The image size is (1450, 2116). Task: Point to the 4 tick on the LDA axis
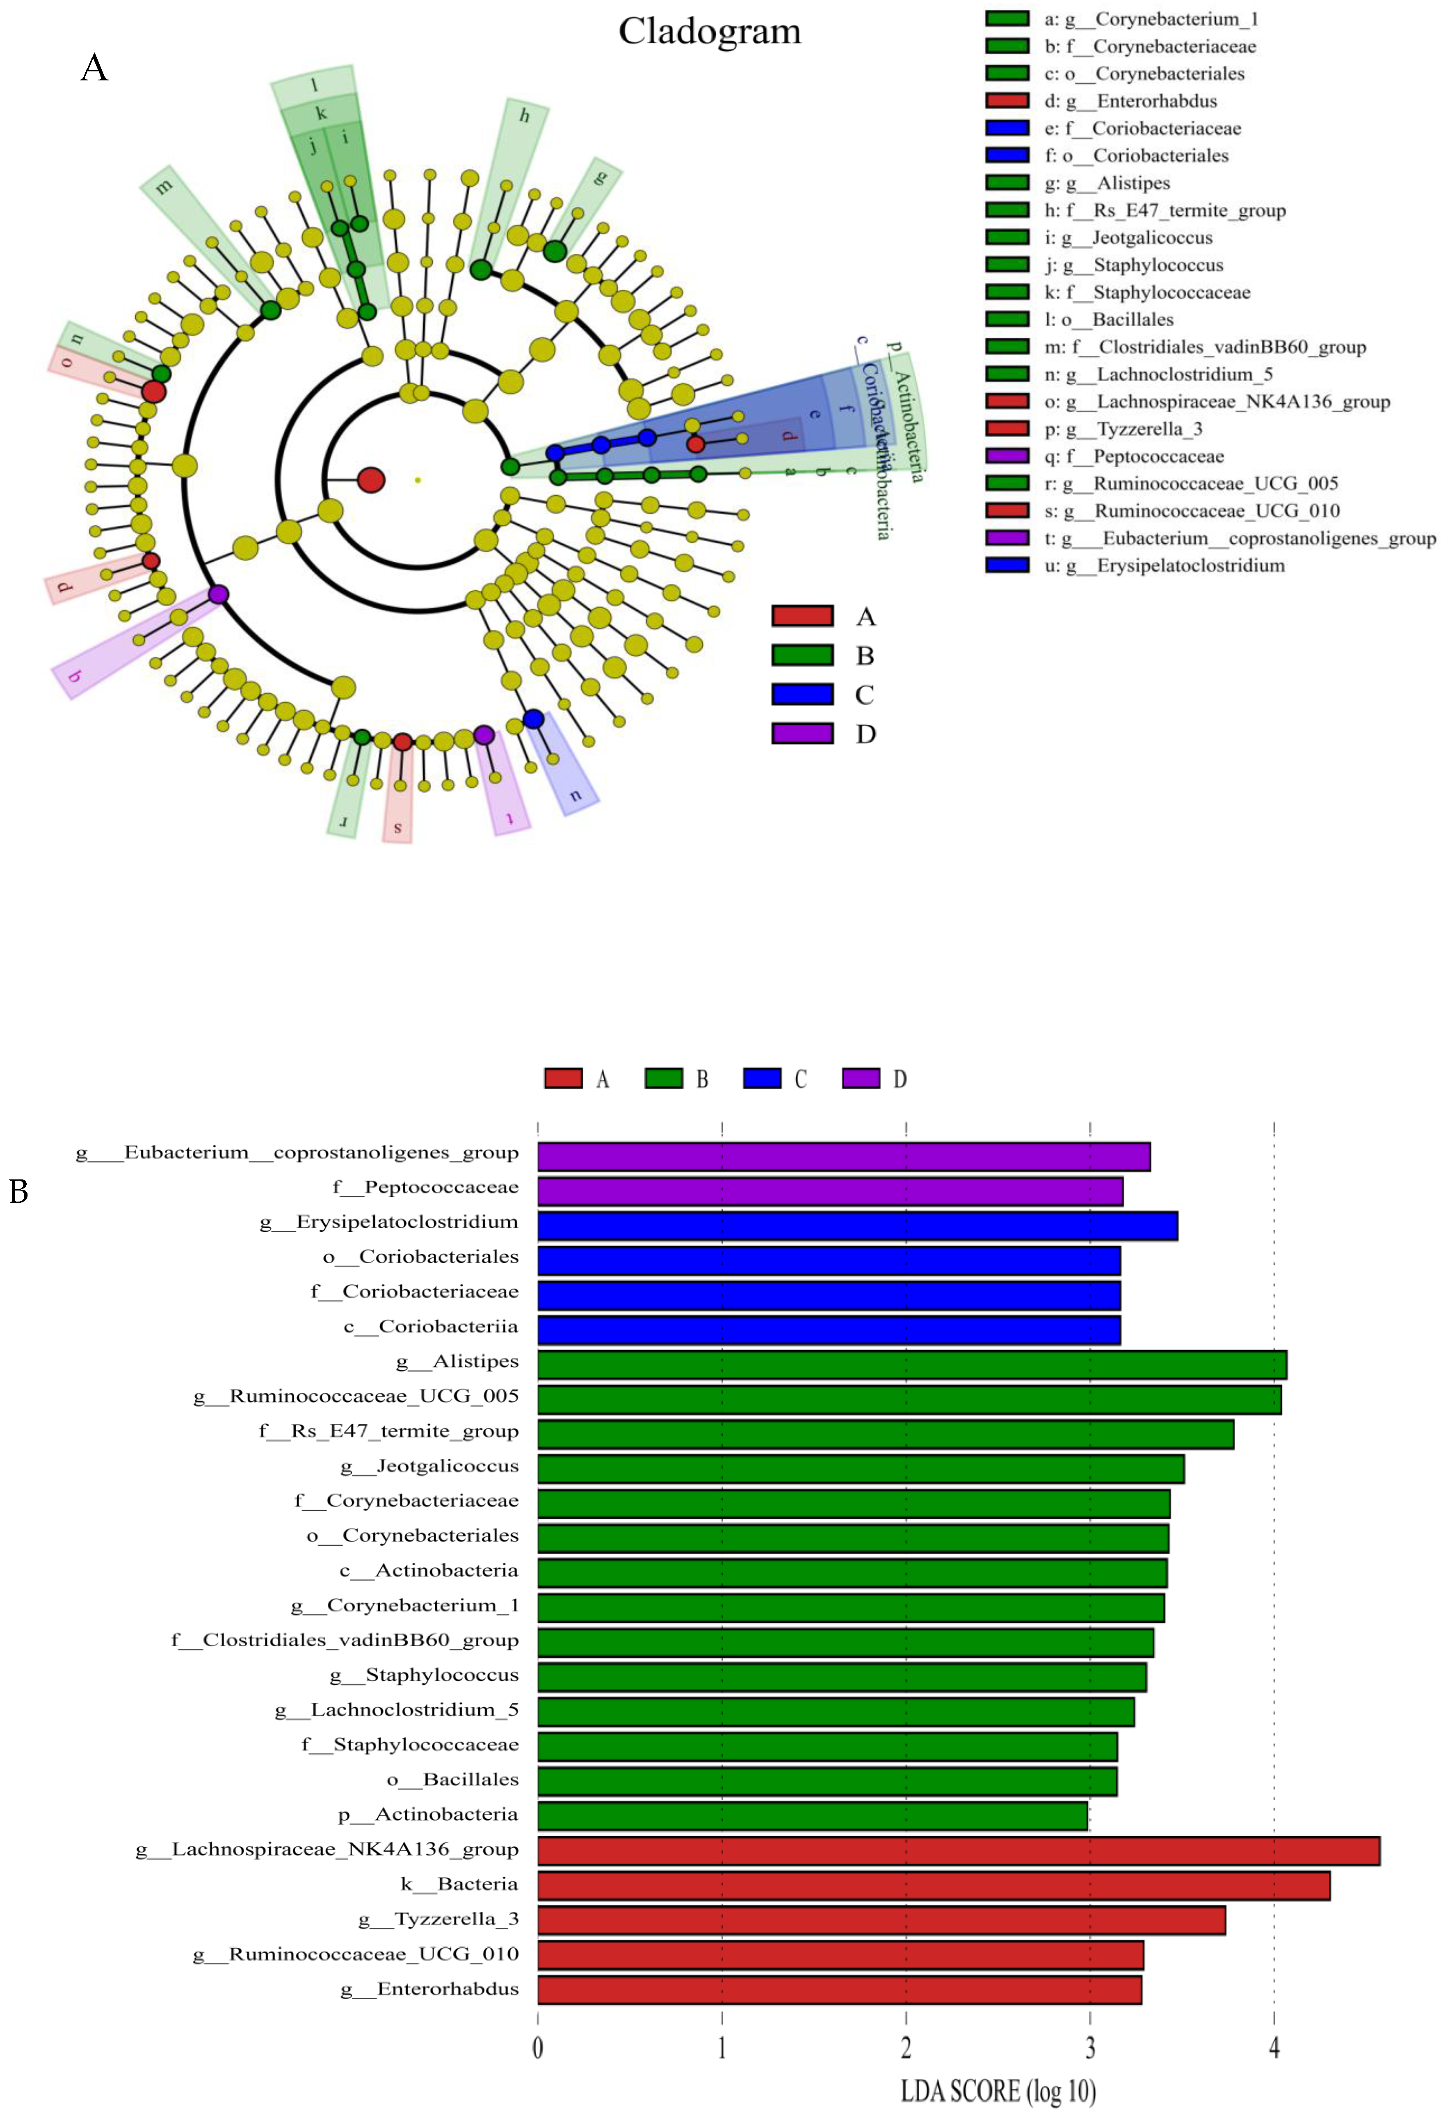1273,2049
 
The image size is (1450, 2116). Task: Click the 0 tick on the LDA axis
538,2049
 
